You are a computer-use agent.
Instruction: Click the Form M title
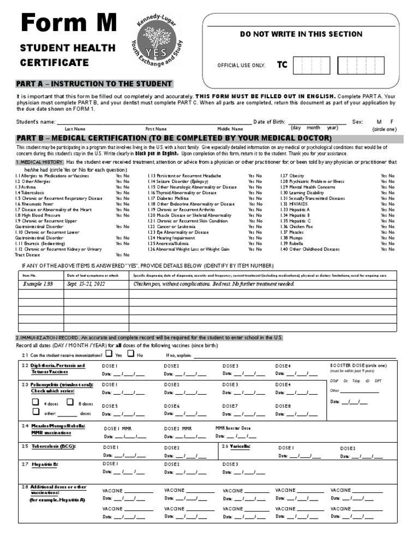(x=68, y=24)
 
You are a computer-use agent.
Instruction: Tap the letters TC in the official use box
(x=282, y=65)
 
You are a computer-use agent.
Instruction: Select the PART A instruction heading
(x=94, y=84)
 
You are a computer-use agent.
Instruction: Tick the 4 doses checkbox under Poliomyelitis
(x=35, y=402)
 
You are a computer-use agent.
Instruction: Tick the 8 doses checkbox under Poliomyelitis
(x=70, y=402)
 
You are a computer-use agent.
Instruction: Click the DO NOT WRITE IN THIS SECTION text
(x=301, y=34)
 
